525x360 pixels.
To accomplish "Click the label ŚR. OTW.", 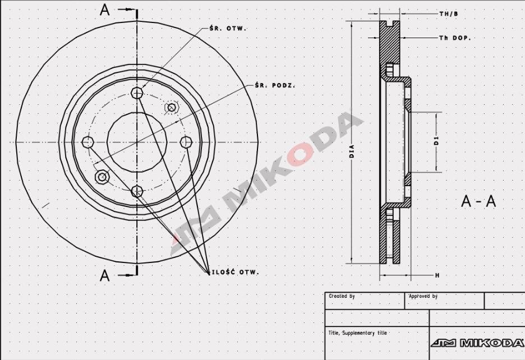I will (x=227, y=27).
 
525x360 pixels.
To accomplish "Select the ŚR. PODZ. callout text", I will (x=274, y=85).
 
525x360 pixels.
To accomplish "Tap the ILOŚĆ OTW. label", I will (x=235, y=273).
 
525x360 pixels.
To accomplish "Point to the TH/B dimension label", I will (x=448, y=12).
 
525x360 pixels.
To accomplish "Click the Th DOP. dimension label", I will (x=454, y=38).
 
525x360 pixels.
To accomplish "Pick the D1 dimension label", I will (x=436, y=141).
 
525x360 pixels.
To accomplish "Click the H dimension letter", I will (x=437, y=275).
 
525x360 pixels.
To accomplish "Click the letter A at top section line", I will (x=105, y=10).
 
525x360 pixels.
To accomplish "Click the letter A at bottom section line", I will (x=105, y=275).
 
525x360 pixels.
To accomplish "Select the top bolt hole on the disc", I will (x=137, y=93).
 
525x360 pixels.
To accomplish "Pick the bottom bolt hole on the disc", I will (x=137, y=192).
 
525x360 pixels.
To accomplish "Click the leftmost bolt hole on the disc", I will (x=87, y=142).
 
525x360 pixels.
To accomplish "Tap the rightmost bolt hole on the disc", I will (x=186, y=142).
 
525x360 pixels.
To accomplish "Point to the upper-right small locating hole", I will (x=172, y=107).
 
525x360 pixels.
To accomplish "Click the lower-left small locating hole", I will (x=102, y=177).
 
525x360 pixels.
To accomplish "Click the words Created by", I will (x=342, y=296).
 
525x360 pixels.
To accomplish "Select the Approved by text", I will (x=423, y=296).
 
